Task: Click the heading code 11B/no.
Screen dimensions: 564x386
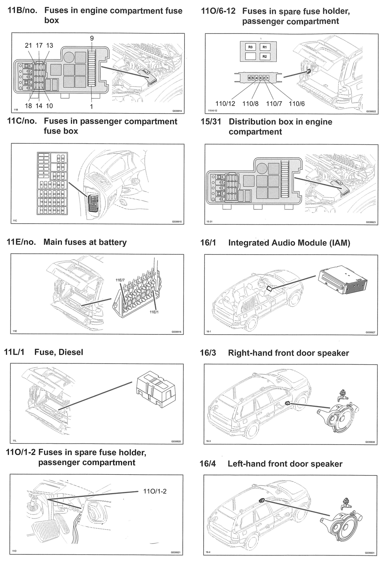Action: pyautogui.click(x=22, y=11)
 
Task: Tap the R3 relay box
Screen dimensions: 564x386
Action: pyautogui.click(x=250, y=47)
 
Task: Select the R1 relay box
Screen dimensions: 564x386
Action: pyautogui.click(x=264, y=47)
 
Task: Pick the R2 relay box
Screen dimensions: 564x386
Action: pyautogui.click(x=264, y=56)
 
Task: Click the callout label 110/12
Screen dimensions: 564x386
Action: pyautogui.click(x=225, y=104)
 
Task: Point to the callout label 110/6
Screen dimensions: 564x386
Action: pyautogui.click(x=297, y=104)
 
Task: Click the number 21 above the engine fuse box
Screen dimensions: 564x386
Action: pyautogui.click(x=29, y=46)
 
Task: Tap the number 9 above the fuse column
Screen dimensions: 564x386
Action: pyautogui.click(x=92, y=38)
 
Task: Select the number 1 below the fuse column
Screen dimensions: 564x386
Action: pyautogui.click(x=92, y=106)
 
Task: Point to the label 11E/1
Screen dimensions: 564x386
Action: pyautogui.click(x=154, y=312)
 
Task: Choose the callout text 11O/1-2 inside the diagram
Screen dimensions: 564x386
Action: pyautogui.click(x=155, y=491)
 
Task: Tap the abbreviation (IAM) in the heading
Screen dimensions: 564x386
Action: pyautogui.click(x=340, y=243)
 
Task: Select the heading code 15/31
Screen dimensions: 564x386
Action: pyautogui.click(x=211, y=122)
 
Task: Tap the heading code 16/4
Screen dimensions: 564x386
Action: pyautogui.click(x=208, y=464)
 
